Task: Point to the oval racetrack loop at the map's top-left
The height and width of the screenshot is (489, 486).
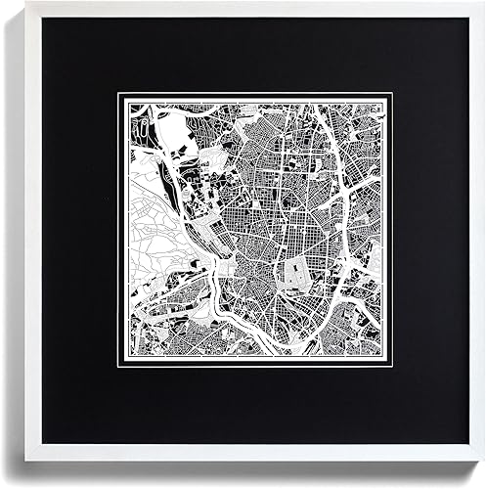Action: point(144,127)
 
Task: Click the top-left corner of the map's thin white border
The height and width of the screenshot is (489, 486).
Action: point(118,93)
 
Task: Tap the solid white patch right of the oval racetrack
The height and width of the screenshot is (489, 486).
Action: point(176,127)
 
